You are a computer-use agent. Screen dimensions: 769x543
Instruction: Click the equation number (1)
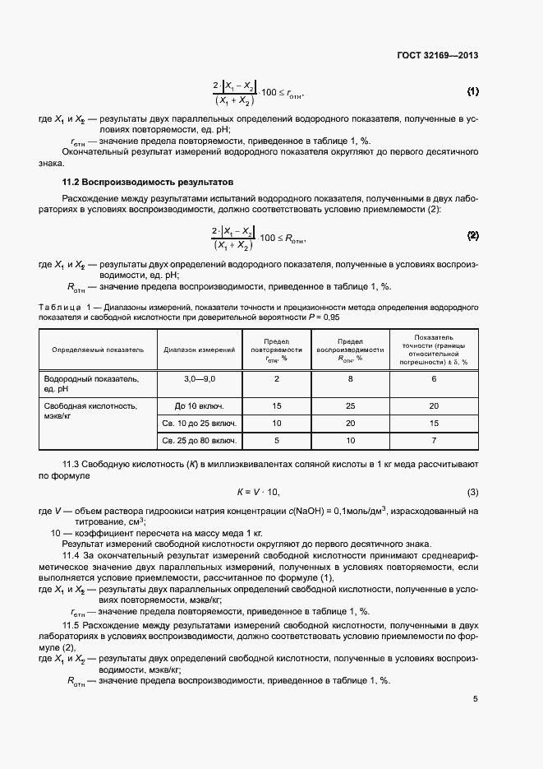point(472,90)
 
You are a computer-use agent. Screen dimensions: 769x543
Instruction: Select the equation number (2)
point(472,236)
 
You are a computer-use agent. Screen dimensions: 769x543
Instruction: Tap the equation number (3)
point(472,493)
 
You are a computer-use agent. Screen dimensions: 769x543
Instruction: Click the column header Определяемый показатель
point(98,349)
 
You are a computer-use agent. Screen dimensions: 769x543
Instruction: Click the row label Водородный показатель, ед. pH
point(90,383)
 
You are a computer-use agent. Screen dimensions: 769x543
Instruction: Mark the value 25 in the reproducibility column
point(351,406)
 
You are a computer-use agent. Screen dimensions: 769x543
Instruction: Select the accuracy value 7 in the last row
point(434,442)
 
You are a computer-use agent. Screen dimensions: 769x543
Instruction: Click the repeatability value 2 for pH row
point(277,378)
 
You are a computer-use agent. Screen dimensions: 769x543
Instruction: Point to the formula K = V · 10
point(259,493)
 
